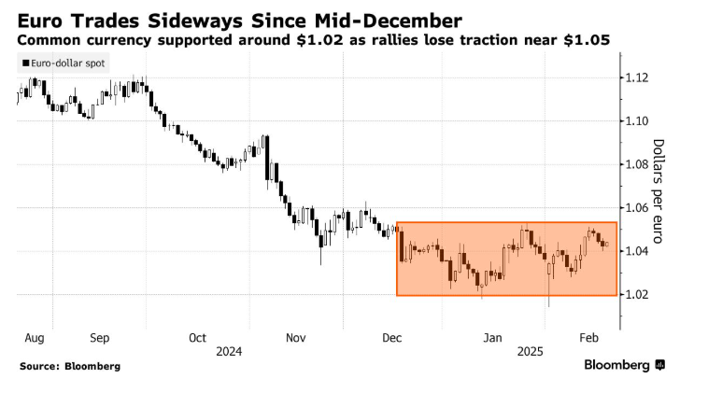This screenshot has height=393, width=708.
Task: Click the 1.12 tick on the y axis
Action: (642, 77)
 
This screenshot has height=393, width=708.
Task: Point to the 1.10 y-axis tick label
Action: (642, 121)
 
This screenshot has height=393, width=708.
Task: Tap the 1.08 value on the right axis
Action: (642, 164)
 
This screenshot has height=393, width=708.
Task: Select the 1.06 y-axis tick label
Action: (642, 208)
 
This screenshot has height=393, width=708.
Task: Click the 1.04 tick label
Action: (642, 251)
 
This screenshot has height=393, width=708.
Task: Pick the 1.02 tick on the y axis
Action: (642, 295)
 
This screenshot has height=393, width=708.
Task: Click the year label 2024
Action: (229, 351)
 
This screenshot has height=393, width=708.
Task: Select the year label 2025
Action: (531, 351)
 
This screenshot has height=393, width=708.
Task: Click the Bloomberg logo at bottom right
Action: (624, 364)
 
